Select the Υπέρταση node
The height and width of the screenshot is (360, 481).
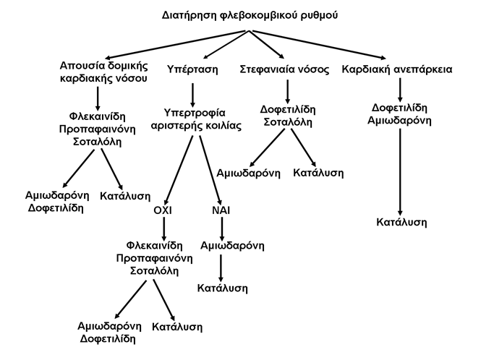(192, 69)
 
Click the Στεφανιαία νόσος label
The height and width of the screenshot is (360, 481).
(284, 69)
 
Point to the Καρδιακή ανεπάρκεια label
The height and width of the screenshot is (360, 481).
(397, 69)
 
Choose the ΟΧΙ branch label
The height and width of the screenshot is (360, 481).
(163, 210)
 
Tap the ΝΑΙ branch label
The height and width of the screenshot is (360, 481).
(221, 210)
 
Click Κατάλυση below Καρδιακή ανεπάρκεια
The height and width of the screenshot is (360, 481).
(401, 222)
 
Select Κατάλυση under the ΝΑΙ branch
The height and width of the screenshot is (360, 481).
(222, 288)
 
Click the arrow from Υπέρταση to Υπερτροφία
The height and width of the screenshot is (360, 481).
(192, 95)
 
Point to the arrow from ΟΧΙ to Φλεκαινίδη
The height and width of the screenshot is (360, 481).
(163, 228)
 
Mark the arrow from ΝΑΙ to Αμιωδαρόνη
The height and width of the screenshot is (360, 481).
(222, 228)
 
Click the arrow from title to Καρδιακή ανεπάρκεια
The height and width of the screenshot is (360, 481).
(318, 44)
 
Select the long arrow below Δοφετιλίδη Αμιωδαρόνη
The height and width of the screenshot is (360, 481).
(400, 172)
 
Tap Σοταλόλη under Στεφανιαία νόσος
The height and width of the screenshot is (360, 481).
(288, 122)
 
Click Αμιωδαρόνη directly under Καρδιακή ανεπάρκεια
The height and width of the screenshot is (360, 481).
(399, 121)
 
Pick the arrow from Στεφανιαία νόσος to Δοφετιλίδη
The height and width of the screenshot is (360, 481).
(287, 92)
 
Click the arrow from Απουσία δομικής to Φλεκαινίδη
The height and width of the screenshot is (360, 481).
(98, 98)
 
